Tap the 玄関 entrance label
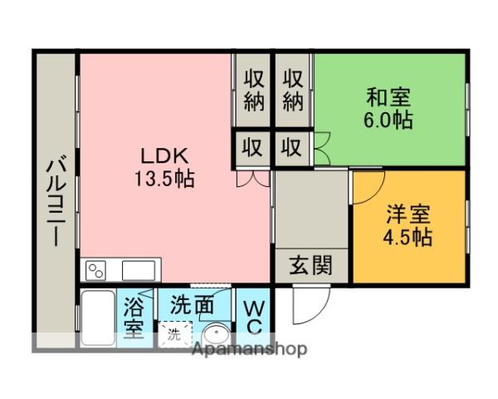310,266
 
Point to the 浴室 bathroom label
133,318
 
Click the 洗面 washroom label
192,304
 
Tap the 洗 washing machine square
174,336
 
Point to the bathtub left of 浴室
97,318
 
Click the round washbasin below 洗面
217,335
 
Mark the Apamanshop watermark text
249,349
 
